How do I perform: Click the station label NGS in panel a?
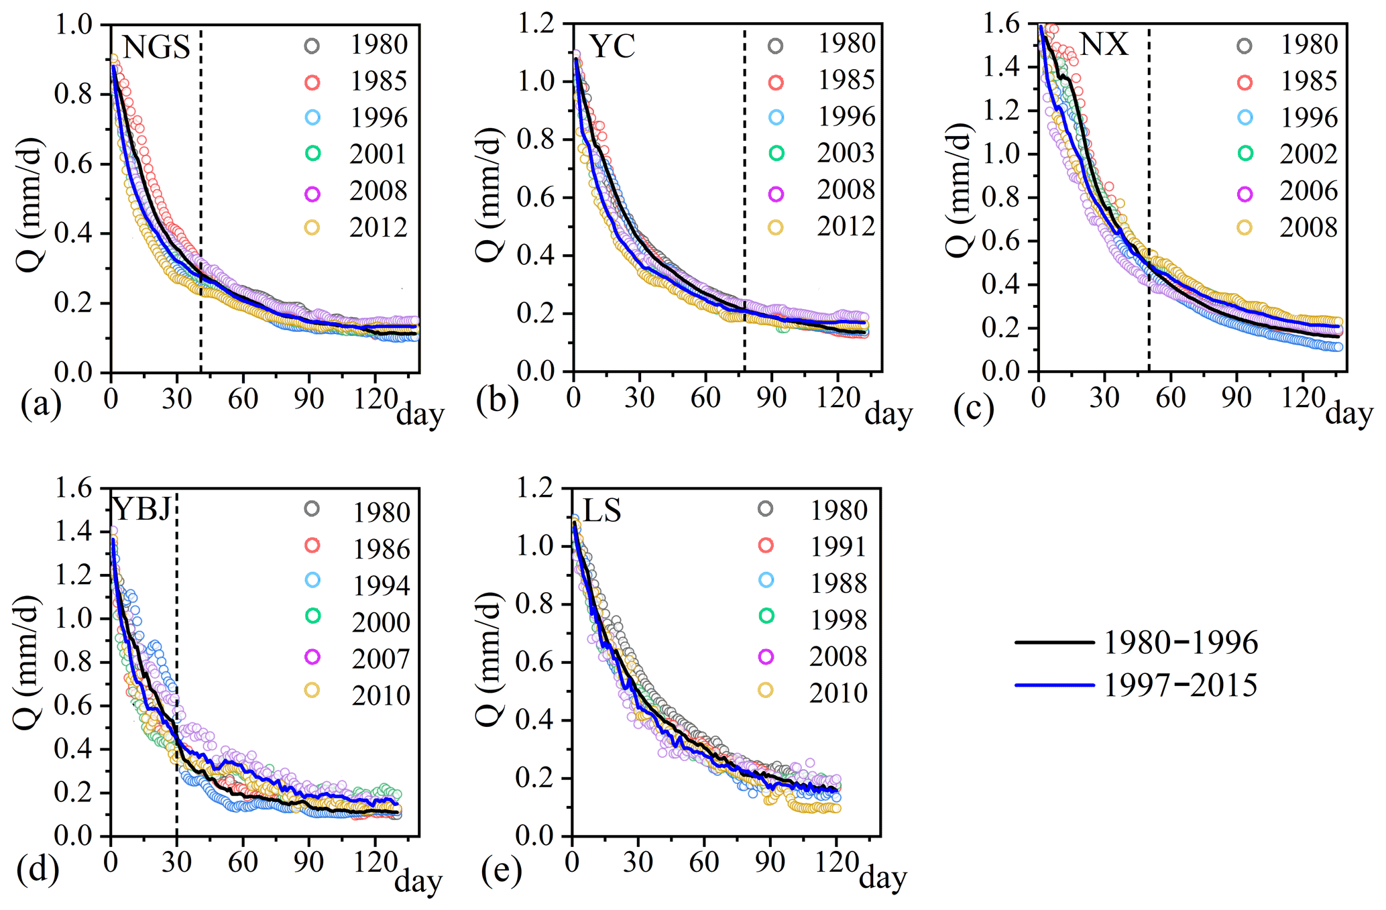(x=157, y=47)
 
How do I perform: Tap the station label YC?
(x=612, y=47)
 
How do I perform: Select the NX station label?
(x=1104, y=44)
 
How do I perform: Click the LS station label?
(x=602, y=511)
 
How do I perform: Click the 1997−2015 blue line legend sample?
(x=1055, y=685)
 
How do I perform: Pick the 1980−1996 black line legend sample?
(x=1055, y=642)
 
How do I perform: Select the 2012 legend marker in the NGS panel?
(x=312, y=227)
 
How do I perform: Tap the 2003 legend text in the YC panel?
(x=846, y=154)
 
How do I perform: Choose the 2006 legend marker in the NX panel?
(x=1245, y=194)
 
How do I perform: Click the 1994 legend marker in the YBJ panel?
(x=312, y=581)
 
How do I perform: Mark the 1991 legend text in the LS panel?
(x=838, y=547)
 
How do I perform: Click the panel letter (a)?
(x=41, y=404)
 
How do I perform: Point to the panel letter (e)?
(x=502, y=870)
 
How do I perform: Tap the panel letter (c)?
(x=974, y=409)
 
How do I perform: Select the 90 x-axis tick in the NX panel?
(x=1236, y=398)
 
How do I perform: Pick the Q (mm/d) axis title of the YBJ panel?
(x=27, y=661)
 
